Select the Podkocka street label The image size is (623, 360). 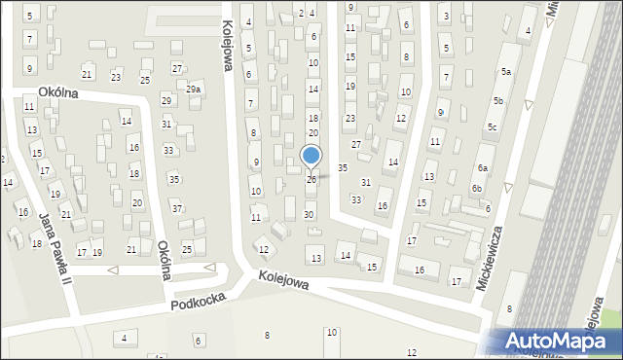[198, 303]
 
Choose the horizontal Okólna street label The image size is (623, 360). [57, 92]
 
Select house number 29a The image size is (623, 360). [194, 90]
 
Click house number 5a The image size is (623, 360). [506, 72]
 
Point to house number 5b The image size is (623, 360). [498, 101]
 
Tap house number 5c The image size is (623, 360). [493, 127]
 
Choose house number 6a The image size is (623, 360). [482, 168]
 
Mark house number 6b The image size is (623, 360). [477, 189]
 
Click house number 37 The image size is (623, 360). [176, 208]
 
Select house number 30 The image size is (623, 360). [309, 214]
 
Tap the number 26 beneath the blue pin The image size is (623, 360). [311, 180]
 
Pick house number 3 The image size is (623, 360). [445, 17]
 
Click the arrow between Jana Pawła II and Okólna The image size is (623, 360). [112, 270]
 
